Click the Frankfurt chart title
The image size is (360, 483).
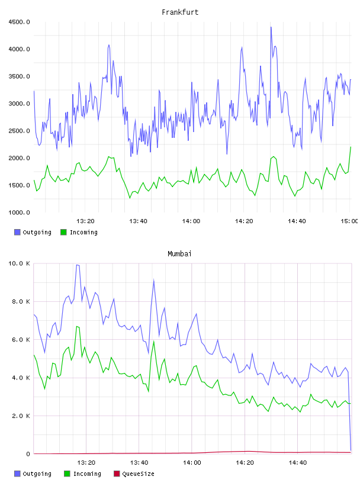click(180, 12)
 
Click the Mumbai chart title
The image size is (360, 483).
click(179, 254)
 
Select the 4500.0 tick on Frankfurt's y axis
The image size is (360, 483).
click(19, 22)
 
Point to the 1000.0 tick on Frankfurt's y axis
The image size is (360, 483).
click(19, 212)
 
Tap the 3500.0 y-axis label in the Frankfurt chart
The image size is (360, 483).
click(19, 76)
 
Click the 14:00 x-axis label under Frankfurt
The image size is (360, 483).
click(191, 221)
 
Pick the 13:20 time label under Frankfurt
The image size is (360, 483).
click(85, 221)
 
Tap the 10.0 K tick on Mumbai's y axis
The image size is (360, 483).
click(19, 263)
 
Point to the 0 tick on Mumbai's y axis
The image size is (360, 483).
click(28, 454)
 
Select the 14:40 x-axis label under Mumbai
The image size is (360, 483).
click(297, 463)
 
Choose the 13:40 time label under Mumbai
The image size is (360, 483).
click(139, 463)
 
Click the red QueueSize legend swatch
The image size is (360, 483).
click(117, 474)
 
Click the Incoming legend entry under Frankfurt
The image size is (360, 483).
click(79, 232)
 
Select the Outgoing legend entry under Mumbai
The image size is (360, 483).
click(33, 474)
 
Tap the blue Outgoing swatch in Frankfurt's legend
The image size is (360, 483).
click(17, 232)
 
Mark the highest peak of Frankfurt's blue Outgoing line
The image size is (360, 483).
click(271, 27)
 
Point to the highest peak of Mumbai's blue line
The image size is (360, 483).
click(78, 265)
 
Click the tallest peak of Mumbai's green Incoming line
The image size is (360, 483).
click(77, 327)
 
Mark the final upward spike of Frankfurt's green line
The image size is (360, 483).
click(351, 147)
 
